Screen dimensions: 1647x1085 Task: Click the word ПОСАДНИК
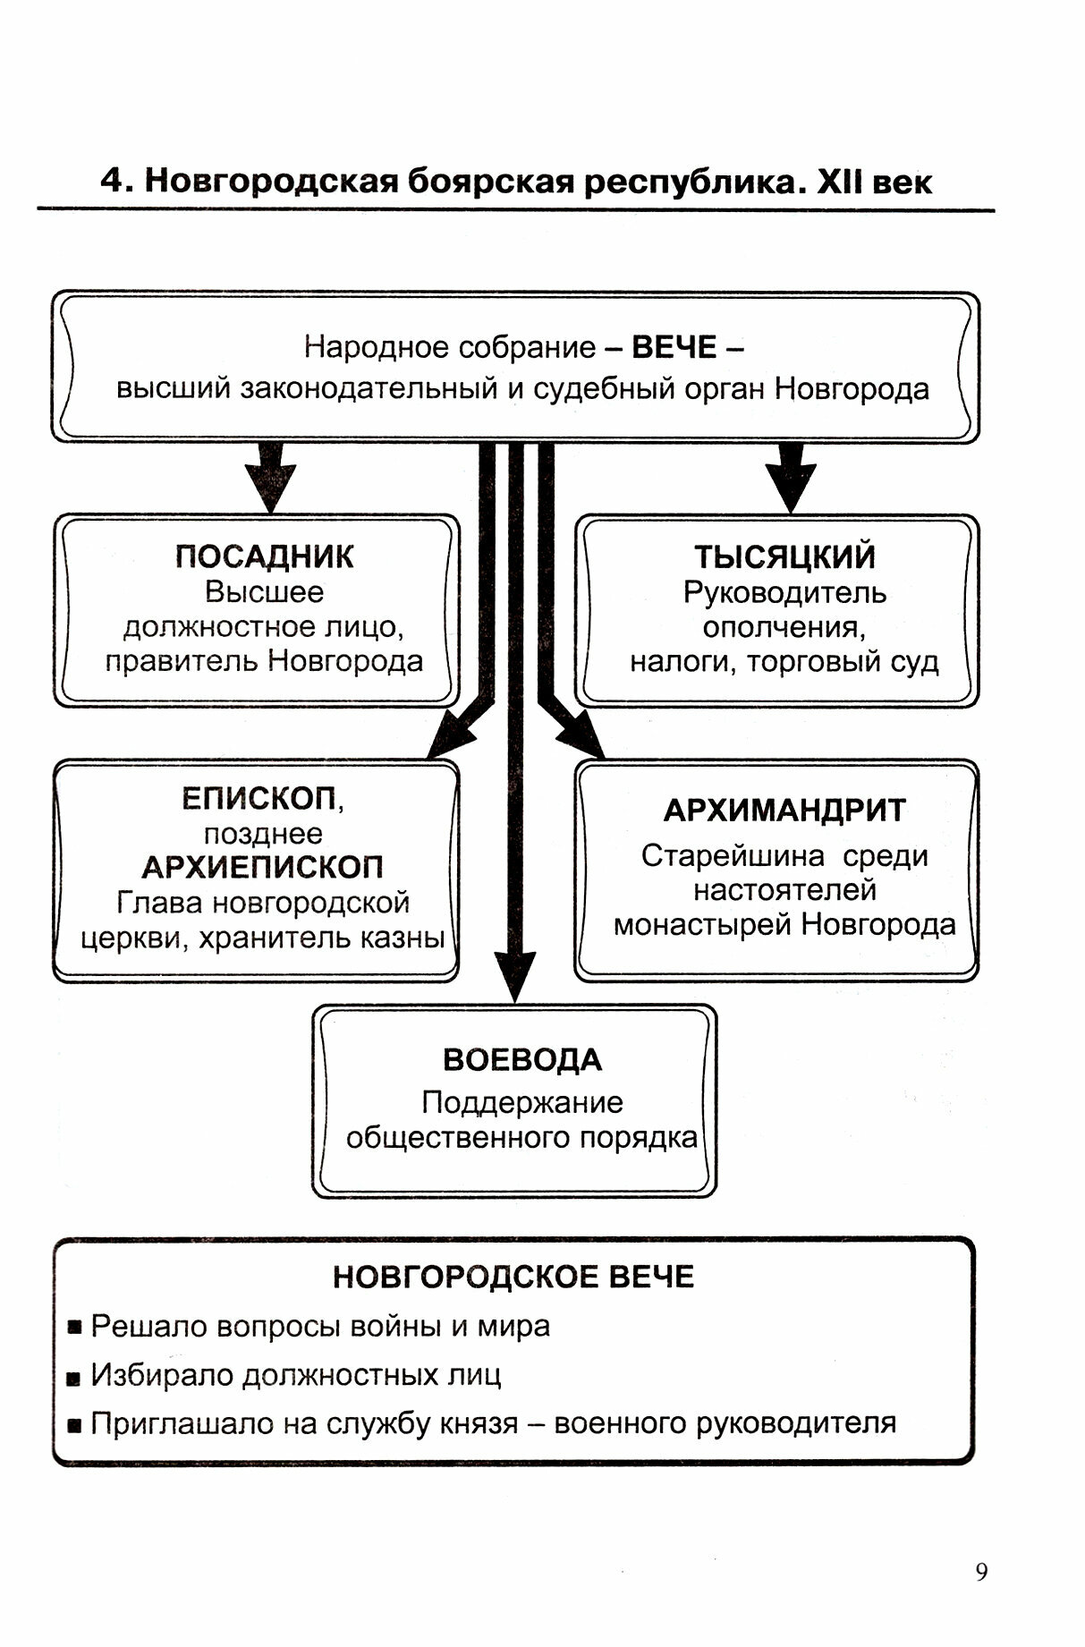(264, 556)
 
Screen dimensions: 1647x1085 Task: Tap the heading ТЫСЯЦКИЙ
(784, 556)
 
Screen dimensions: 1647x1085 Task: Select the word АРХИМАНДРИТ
(784, 811)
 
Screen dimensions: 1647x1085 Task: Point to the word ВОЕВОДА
(522, 1060)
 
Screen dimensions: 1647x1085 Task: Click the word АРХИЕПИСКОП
(262, 867)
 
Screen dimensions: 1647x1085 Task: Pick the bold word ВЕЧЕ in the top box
(674, 347)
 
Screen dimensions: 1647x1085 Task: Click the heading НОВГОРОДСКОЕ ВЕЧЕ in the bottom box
(513, 1277)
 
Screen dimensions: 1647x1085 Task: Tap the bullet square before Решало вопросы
(75, 1327)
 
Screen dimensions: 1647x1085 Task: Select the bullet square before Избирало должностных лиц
(75, 1376)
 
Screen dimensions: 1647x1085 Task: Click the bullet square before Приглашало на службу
(75, 1424)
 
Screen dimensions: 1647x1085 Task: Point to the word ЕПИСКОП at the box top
(259, 798)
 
